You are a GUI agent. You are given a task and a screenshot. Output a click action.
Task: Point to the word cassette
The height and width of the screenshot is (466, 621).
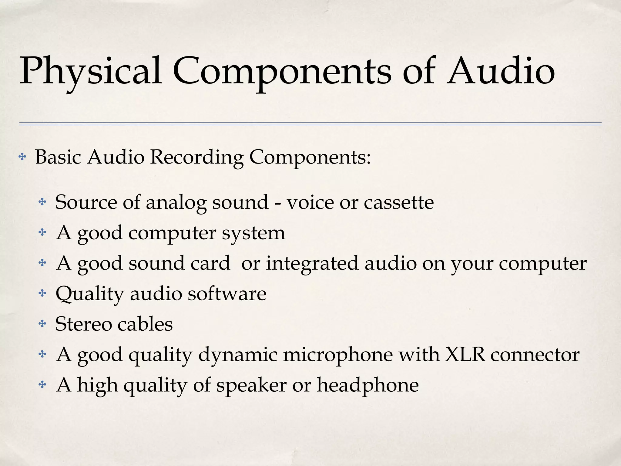(399, 202)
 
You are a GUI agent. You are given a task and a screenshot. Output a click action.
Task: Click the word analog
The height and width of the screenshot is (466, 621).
(176, 202)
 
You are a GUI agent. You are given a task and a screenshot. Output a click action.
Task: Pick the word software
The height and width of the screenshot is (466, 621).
(227, 294)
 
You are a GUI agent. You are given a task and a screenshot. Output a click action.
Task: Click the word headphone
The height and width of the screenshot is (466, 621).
(368, 385)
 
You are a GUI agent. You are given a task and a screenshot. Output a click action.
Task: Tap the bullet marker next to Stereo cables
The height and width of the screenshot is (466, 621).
(42, 324)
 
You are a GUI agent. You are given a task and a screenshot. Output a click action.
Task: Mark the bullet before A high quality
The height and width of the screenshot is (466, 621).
(42, 385)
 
